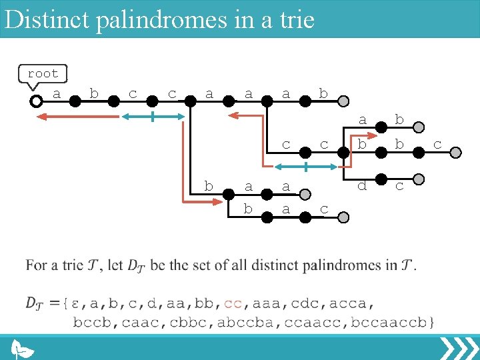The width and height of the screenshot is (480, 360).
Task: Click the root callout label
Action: click(43, 73)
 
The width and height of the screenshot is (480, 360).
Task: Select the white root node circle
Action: click(36, 101)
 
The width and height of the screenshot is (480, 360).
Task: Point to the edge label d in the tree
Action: click(362, 186)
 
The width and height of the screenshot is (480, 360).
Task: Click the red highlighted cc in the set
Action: click(233, 304)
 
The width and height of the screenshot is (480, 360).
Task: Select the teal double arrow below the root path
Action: click(153, 117)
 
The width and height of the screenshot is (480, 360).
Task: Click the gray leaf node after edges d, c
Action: click(418, 179)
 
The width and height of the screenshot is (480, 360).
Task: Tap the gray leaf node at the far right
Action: click(455, 153)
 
